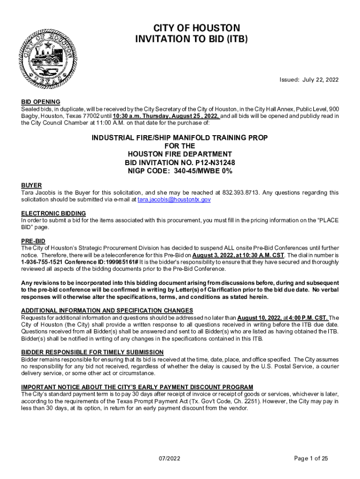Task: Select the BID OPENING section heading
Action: coord(41,102)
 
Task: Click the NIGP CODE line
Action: coord(180,171)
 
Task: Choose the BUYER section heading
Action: coord(31,185)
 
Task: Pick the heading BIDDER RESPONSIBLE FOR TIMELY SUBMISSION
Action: coord(92,352)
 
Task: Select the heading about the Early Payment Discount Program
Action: coord(137,387)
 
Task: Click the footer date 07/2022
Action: coord(170,458)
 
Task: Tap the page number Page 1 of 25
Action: coord(311,458)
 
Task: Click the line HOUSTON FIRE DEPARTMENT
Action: coord(180,154)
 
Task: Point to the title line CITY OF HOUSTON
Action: coord(191,28)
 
